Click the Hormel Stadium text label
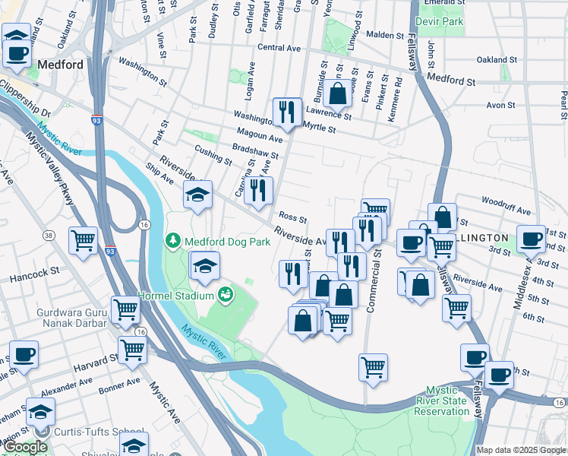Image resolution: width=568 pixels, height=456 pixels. pos(175,295)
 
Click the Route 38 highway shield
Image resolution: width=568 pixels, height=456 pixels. pos(49,236)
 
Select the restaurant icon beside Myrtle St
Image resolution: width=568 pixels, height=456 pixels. pos(286,112)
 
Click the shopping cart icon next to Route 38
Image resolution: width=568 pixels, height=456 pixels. pos(83,240)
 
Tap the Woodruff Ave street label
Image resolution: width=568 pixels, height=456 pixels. pos(506,207)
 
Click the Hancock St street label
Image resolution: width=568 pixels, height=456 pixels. pos(35,272)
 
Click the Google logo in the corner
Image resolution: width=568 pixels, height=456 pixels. pos(26,447)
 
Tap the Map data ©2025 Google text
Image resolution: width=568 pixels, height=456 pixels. pos(521,450)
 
